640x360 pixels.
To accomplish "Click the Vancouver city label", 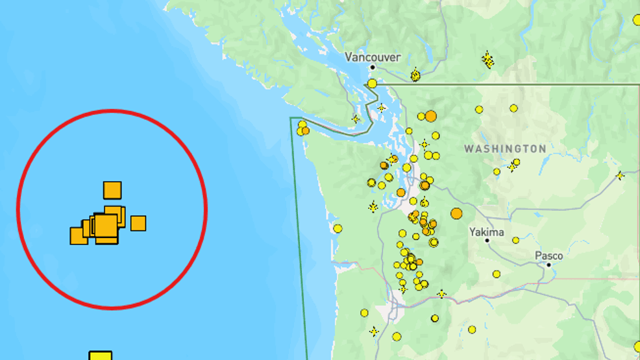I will click(373, 57).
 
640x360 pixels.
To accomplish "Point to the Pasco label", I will click(548, 256).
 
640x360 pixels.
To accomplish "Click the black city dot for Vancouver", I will click(373, 67).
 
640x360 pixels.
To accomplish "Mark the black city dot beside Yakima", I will click(487, 241).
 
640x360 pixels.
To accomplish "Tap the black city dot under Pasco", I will click(548, 265).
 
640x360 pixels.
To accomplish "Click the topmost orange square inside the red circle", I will click(112, 190).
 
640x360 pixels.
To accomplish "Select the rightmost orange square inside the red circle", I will click(138, 223).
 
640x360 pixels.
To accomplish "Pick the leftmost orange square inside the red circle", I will click(78, 236).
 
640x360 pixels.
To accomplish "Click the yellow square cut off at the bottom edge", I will click(100, 355).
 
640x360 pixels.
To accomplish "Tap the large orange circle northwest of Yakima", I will click(456, 213).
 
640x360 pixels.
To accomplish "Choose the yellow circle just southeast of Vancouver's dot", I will click(372, 83).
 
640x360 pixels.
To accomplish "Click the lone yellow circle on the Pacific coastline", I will click(338, 228).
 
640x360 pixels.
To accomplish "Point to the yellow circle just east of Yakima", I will click(515, 240).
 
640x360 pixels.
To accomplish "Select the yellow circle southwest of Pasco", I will click(497, 274).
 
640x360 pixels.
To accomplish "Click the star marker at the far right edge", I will click(620, 175).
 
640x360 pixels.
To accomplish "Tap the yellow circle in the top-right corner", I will click(637, 20).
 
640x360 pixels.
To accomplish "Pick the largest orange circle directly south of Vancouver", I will click(430, 116).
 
